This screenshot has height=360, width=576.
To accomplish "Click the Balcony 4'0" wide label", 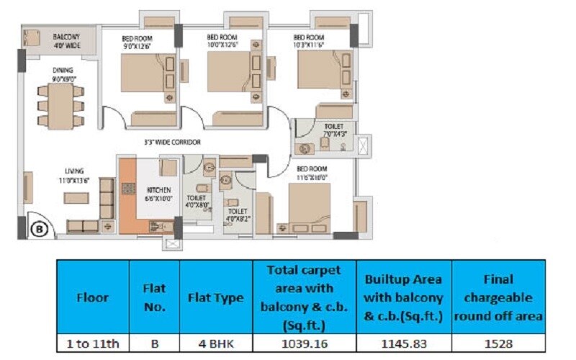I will tap(66, 40).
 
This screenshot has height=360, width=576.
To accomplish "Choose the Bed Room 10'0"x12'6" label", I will tap(222, 41).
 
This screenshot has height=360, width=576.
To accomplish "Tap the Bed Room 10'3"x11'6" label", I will tap(309, 41).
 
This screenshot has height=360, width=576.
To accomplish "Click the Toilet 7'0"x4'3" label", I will tap(334, 130).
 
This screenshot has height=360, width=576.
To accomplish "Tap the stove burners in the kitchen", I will tap(129, 189).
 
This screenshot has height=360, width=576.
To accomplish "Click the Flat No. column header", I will tap(154, 297).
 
